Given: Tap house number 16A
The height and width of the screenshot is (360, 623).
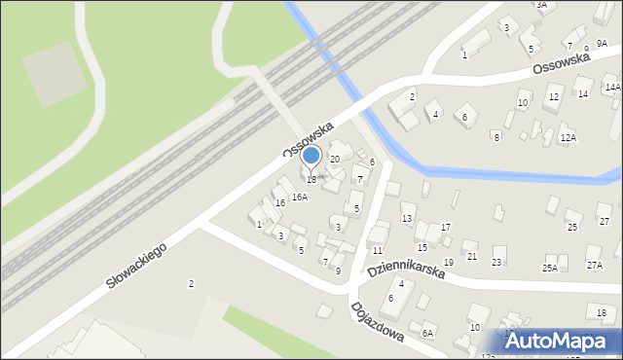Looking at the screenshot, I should pyautogui.click(x=300, y=197).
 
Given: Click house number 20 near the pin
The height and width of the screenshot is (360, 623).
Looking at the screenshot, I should pyautogui.click(x=335, y=159).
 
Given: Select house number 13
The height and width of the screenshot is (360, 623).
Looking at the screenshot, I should pyautogui.click(x=407, y=218).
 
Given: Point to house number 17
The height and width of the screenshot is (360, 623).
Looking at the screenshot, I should pyautogui.click(x=446, y=227).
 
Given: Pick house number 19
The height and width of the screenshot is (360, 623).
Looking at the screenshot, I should pyautogui.click(x=449, y=263).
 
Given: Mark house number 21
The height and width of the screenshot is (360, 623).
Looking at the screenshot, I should pyautogui.click(x=472, y=256).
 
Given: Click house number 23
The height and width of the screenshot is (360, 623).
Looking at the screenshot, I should pyautogui.click(x=496, y=263).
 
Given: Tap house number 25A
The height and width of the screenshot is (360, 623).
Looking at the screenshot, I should pyautogui.click(x=551, y=268).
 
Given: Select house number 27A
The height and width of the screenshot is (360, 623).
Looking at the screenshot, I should pyautogui.click(x=595, y=265).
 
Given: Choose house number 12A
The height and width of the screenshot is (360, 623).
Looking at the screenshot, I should pyautogui.click(x=568, y=138).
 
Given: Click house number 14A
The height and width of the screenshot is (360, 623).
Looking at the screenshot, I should pyautogui.click(x=612, y=88).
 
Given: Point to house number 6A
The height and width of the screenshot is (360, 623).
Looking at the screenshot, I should pyautogui.click(x=426, y=333).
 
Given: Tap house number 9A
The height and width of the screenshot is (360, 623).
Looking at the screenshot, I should pyautogui.click(x=602, y=44).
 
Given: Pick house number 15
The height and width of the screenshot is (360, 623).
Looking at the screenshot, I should pyautogui.click(x=422, y=248).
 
